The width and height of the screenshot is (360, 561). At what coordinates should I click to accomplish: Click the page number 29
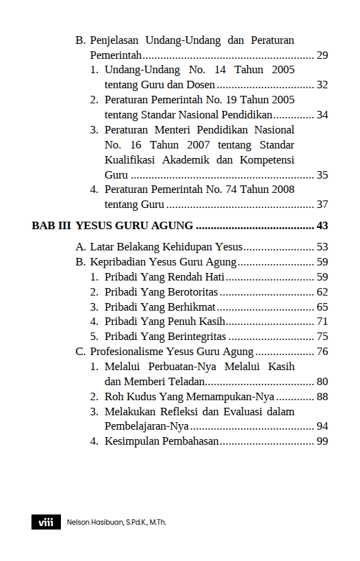click(322, 55)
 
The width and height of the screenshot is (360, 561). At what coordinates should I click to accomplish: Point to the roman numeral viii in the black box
click(46, 522)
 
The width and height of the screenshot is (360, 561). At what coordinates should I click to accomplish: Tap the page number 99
click(322, 442)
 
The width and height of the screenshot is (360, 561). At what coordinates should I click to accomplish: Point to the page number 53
click(322, 247)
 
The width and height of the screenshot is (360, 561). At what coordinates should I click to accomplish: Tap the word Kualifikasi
click(131, 160)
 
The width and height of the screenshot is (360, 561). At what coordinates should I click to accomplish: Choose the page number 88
click(322, 397)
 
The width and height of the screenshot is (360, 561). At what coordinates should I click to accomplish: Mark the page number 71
click(322, 322)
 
